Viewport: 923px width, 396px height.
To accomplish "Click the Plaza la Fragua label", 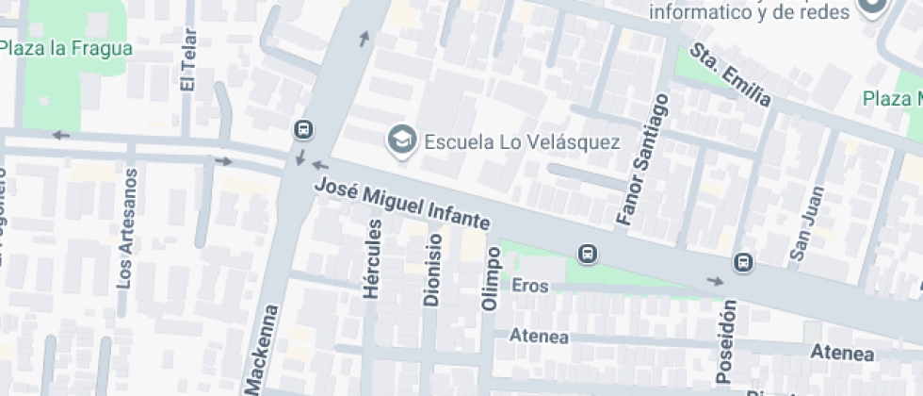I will tap(66, 48).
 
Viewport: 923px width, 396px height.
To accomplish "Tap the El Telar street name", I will tap(187, 65).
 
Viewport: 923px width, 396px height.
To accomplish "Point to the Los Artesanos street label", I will tap(126, 229).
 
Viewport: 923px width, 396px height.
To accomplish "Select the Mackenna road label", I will tap(263, 349).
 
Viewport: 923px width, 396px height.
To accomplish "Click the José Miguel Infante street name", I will tap(402, 205).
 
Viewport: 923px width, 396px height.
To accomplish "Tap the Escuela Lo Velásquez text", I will tap(521, 142).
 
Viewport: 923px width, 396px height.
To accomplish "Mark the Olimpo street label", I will tap(490, 279).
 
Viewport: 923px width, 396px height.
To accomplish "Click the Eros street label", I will tap(529, 285).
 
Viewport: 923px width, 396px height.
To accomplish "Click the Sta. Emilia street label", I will tap(731, 74).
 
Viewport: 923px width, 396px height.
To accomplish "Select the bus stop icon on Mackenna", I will tap(303, 129).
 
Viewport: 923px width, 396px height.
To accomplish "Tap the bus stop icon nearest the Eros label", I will tap(588, 253).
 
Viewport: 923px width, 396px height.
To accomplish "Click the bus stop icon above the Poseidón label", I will tap(743, 262).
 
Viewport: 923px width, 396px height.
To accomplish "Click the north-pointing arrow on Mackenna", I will tap(364, 38).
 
